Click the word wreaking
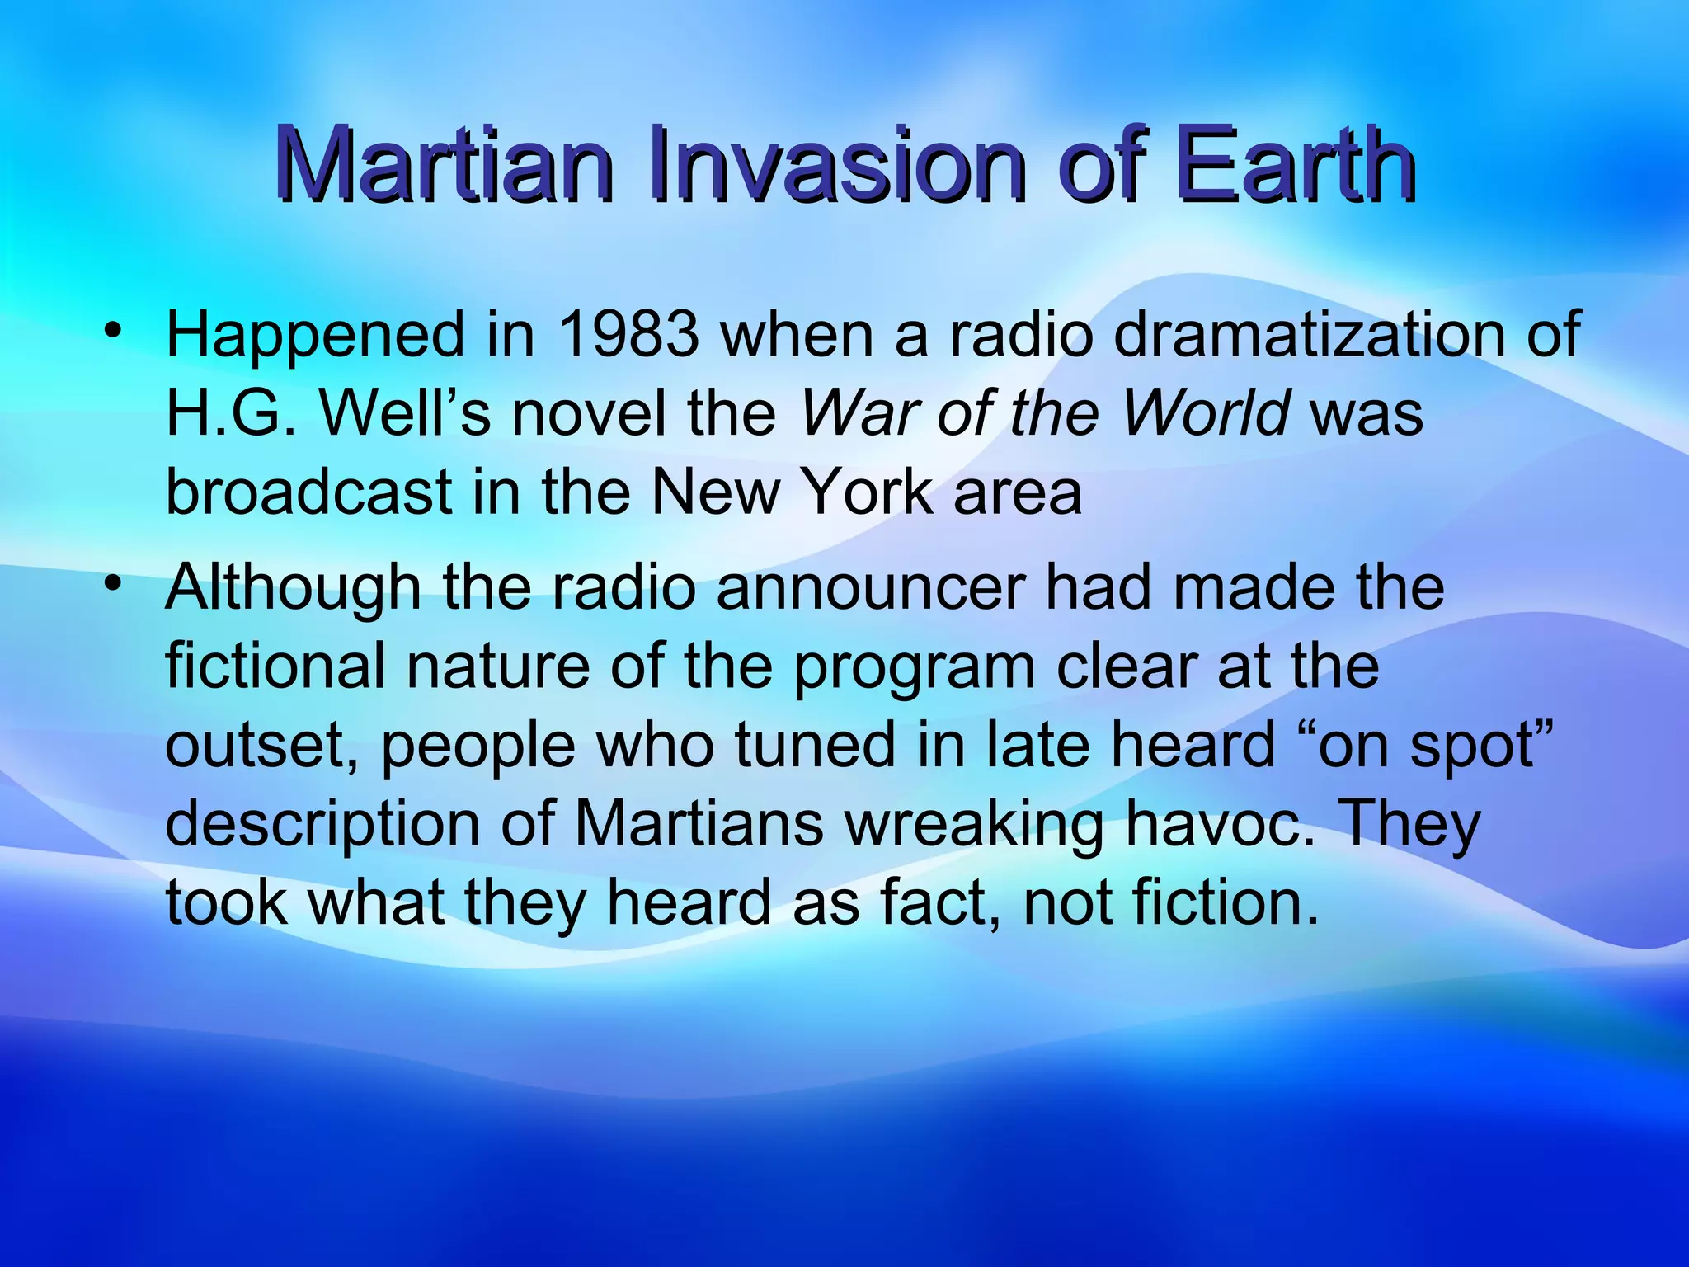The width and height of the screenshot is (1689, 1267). pyautogui.click(x=974, y=825)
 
